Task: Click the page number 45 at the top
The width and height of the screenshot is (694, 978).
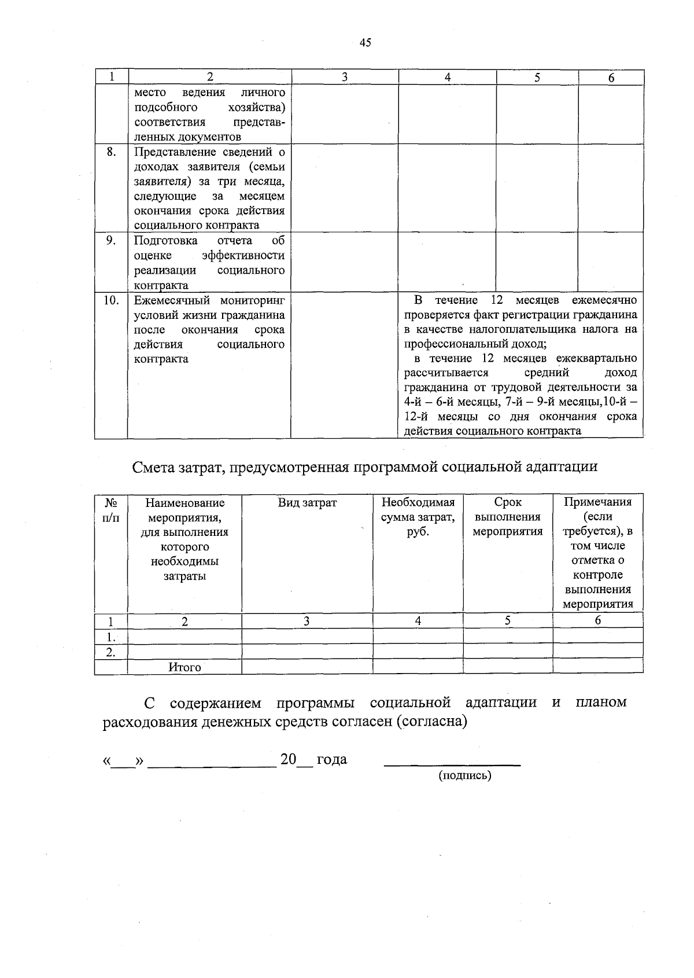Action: pos(365,42)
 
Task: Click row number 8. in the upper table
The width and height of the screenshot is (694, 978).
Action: pos(111,152)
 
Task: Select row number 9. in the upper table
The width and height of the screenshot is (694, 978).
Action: pos(111,241)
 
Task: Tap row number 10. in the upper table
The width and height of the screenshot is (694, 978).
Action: pos(111,300)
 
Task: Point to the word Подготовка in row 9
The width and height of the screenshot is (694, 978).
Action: pos(166,241)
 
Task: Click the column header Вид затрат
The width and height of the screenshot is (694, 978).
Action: pos(307,503)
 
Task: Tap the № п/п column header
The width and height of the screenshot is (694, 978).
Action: pos(111,510)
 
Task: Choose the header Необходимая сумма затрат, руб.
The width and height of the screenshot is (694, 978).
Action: pos(418,517)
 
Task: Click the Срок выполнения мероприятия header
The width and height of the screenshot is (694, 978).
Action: pos(508,517)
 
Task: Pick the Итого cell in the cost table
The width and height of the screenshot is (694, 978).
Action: pos(184,667)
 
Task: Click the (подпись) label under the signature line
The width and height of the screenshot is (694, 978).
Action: pos(464,775)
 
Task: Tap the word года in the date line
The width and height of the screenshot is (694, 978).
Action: pos(332,760)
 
